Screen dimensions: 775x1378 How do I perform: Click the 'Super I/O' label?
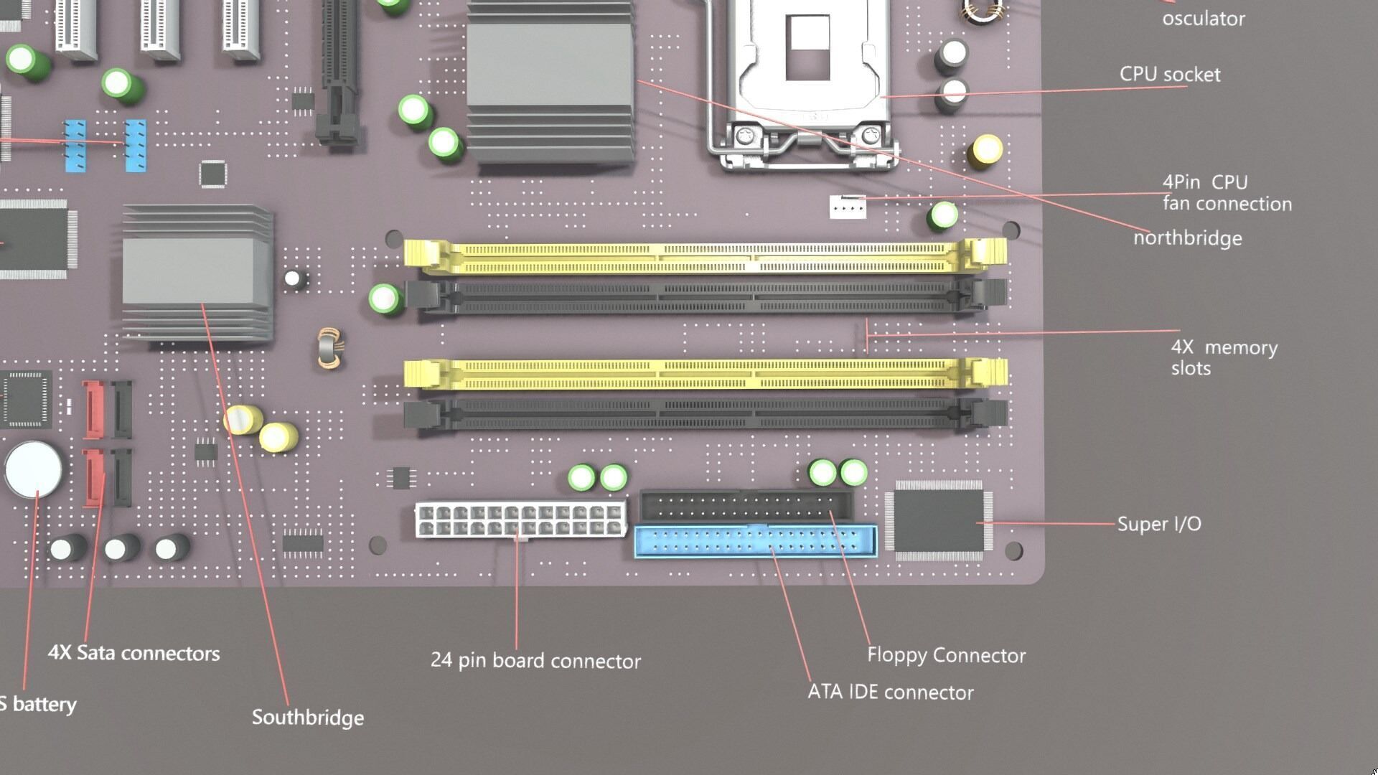point(1158,524)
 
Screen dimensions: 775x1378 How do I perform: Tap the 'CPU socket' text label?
point(1169,75)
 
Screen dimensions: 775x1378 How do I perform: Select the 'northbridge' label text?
point(1187,238)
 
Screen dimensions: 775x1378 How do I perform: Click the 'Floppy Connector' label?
point(946,655)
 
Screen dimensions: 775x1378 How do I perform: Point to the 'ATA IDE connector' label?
point(890,692)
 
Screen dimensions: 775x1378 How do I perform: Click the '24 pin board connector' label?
point(535,661)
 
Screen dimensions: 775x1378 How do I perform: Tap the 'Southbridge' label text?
point(307,718)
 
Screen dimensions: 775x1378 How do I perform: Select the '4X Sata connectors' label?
point(133,653)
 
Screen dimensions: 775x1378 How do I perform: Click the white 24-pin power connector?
point(520,520)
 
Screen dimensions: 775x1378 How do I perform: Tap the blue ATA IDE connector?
point(755,542)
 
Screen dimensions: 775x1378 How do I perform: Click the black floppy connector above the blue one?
point(746,506)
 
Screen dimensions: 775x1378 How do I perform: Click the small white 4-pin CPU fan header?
point(848,207)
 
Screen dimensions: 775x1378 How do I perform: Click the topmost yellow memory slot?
point(703,257)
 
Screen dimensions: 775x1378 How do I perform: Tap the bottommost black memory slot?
point(703,414)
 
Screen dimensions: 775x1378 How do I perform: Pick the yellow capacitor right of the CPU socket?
point(986,151)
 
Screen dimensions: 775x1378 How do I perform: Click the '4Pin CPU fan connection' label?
point(1226,193)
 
